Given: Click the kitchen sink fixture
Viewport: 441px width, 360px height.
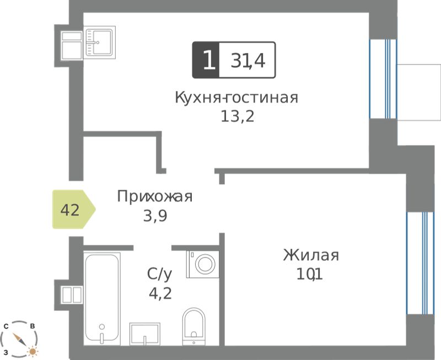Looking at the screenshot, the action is [x=100, y=42].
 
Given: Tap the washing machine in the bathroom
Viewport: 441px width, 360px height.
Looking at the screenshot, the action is [x=202, y=264].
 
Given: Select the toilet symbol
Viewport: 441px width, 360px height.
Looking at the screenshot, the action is [x=194, y=326].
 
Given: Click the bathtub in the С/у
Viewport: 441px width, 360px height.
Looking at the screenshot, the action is [x=102, y=298].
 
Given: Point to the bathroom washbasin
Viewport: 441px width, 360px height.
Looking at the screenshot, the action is [x=145, y=334].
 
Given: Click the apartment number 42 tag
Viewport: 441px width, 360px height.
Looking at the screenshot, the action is [x=74, y=209].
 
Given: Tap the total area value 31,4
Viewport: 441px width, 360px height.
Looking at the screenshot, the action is [x=248, y=61].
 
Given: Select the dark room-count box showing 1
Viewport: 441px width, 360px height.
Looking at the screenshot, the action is [x=206, y=60].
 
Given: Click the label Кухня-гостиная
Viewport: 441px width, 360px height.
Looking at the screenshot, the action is [x=236, y=98].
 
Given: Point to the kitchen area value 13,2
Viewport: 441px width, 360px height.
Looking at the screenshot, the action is [x=238, y=116].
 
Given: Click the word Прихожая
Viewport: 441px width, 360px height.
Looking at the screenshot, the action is [x=155, y=196].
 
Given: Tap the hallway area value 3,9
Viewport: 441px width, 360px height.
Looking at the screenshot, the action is [x=155, y=216].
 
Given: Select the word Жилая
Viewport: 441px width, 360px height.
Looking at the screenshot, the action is [x=311, y=255].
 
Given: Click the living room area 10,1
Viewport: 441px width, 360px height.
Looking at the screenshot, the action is [x=310, y=274].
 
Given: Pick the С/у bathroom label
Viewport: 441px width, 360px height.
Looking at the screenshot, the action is [x=159, y=274].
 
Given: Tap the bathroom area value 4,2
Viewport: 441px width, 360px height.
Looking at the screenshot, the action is [x=160, y=294].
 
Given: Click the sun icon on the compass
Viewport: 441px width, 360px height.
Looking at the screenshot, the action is [x=33, y=351].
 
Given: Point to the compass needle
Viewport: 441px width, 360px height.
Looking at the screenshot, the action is [x=20, y=340].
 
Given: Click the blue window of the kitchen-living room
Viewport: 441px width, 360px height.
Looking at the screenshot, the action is [x=383, y=79].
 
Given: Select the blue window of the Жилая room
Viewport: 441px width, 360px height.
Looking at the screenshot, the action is [x=420, y=263].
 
